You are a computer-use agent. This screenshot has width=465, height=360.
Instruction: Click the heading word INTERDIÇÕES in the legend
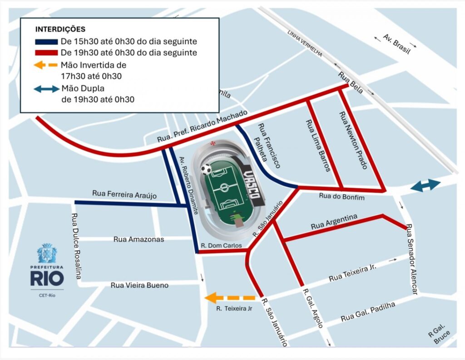(60, 30)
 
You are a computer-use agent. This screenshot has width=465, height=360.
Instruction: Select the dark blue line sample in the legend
(46, 42)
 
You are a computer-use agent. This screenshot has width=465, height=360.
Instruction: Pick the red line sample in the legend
(46, 53)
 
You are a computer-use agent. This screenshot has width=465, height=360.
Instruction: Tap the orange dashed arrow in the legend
(46, 65)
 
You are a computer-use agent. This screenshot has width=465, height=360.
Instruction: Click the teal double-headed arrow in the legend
(46, 89)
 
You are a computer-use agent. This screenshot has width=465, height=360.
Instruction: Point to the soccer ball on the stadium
(207, 170)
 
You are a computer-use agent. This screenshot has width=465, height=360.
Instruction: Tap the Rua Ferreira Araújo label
(124, 194)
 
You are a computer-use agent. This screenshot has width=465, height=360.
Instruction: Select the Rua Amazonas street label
(139, 239)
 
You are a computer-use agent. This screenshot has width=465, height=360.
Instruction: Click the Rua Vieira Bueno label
(139, 285)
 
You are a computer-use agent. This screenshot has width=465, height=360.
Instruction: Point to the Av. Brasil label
(396, 44)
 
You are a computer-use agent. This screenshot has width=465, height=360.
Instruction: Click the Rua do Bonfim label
(335, 196)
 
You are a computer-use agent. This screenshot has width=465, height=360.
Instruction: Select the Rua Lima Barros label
(318, 145)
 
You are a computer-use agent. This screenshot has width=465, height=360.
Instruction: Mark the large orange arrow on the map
(230, 298)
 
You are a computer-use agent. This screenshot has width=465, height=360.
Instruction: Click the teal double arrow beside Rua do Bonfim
(425, 185)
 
